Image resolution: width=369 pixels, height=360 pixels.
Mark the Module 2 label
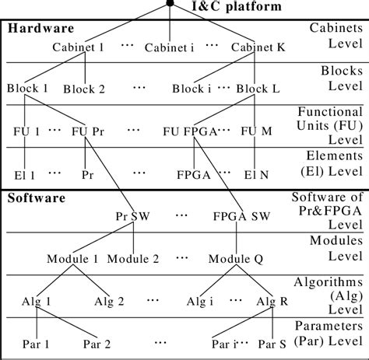click(x=134, y=257)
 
